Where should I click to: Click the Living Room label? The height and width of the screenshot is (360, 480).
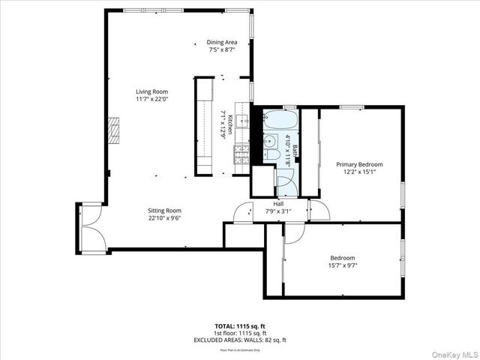[x=151, y=91]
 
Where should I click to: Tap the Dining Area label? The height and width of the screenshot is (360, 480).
[x=222, y=42]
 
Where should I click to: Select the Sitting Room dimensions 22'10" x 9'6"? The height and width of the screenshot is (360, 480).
[x=165, y=218]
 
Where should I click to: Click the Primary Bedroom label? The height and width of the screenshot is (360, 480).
[x=359, y=164]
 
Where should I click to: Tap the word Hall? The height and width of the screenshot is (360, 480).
[x=278, y=204]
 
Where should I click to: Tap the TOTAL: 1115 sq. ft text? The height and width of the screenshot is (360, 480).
[x=240, y=327]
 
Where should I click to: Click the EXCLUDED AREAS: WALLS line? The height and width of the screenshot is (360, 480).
[x=240, y=339]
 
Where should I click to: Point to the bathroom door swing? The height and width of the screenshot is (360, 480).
[x=283, y=179]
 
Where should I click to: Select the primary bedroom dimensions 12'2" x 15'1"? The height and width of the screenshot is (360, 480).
[x=359, y=172]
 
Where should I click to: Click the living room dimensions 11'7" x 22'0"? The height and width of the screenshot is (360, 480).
[x=151, y=98]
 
